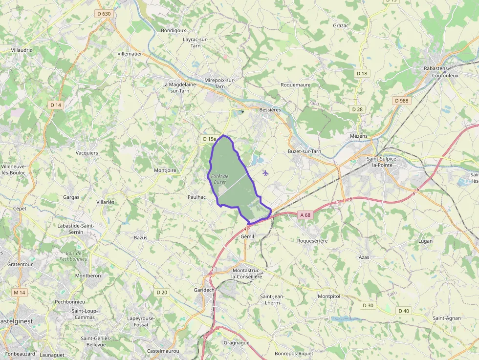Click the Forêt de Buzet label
(x=219, y=179)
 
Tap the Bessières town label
(x=270, y=110)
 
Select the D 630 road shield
(x=104, y=14)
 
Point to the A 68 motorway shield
(x=305, y=214)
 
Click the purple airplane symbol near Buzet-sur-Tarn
(x=265, y=172)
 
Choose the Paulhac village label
(x=196, y=196)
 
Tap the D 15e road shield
(x=209, y=139)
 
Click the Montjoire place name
(x=165, y=170)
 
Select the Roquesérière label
(x=312, y=240)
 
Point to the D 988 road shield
(x=401, y=101)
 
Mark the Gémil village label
(x=248, y=236)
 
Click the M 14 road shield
(x=19, y=292)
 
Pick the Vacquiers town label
(x=87, y=153)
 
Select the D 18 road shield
(x=362, y=73)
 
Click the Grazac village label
(x=340, y=25)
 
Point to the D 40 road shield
(x=403, y=311)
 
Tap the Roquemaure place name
(x=295, y=85)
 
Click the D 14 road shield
(x=56, y=105)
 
